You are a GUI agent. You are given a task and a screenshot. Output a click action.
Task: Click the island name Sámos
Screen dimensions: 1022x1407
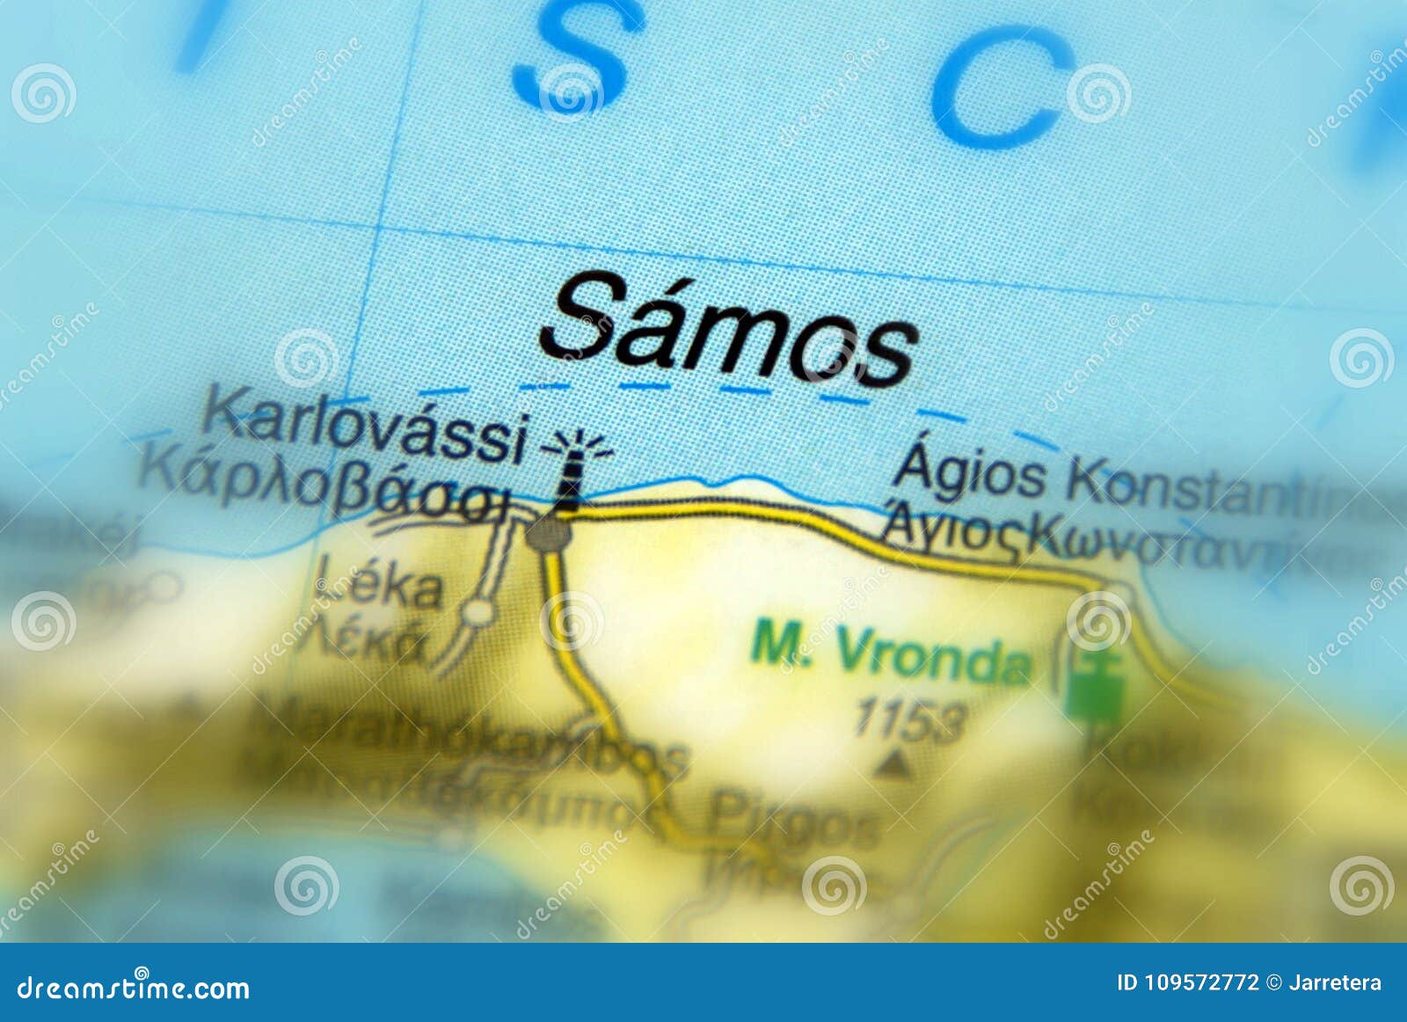[728, 331]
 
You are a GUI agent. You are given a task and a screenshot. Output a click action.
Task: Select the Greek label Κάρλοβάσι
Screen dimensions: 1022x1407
[324, 489]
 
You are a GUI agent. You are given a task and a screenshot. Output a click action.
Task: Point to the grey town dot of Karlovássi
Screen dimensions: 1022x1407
[549, 532]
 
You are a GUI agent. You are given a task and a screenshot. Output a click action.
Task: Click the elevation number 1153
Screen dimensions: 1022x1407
[910, 719]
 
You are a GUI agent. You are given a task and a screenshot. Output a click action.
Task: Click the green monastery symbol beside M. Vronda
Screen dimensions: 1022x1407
[1096, 686]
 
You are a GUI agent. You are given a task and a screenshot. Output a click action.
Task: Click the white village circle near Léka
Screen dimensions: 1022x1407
[478, 611]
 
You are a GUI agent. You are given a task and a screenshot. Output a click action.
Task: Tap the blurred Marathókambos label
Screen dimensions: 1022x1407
[466, 739]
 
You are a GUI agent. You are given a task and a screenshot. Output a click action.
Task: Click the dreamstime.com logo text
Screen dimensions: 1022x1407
[134, 987]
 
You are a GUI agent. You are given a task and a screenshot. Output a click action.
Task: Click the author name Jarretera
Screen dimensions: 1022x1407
[1335, 982]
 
